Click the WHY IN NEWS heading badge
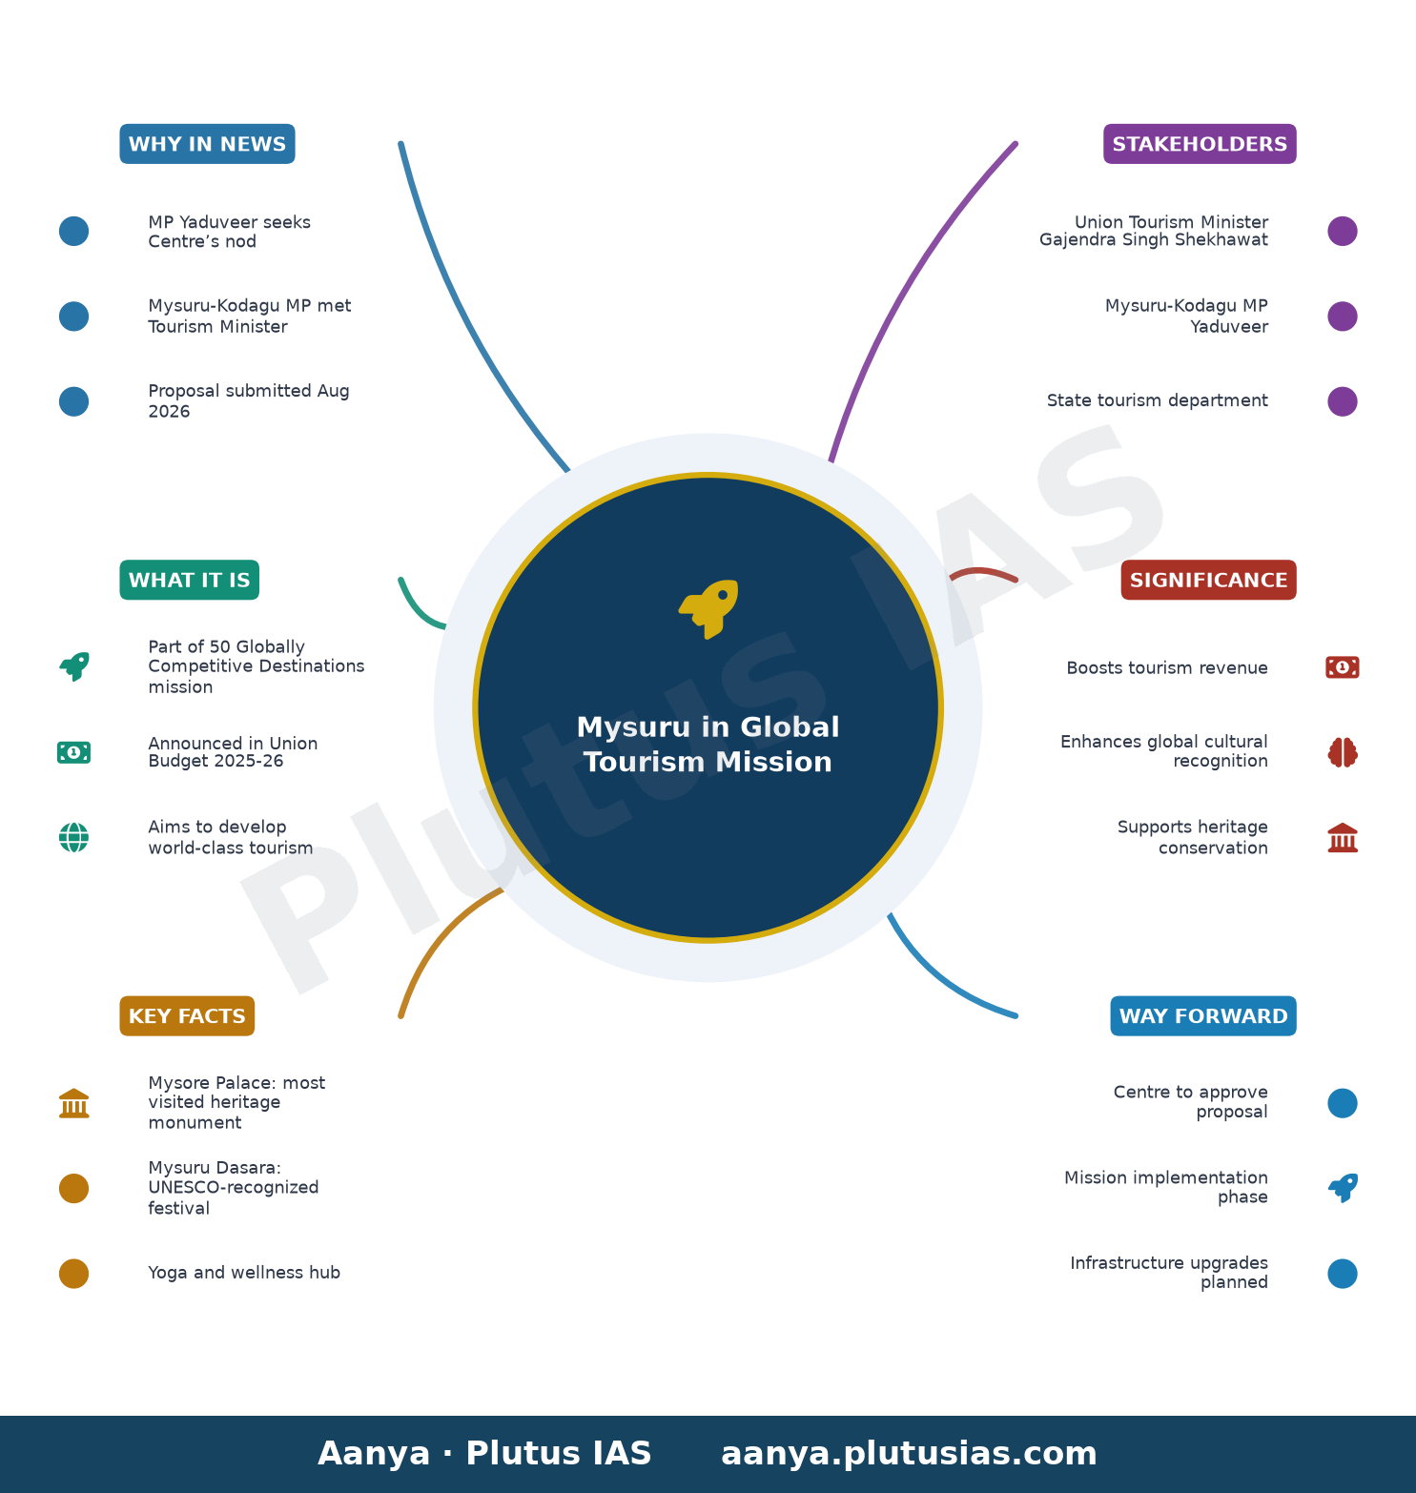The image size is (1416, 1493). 207,144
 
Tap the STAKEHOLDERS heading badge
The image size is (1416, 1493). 1200,144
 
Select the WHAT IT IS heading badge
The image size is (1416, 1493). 189,580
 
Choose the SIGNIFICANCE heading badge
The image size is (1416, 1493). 1208,580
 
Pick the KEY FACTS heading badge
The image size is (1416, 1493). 187,1016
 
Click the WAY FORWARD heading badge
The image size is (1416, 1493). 1203,1016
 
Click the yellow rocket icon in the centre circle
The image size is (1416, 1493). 708,609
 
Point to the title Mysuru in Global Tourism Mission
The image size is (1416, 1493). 708,745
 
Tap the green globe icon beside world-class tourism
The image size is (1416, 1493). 73,838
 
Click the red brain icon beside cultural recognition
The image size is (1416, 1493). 1343,752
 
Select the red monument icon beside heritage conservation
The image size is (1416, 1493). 1343,838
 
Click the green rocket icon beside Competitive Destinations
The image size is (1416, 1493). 73,666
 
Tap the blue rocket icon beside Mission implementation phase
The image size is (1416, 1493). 1343,1188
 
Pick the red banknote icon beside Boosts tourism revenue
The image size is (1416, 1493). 1343,667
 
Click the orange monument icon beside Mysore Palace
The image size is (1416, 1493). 73,1103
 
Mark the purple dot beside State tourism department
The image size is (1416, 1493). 1343,401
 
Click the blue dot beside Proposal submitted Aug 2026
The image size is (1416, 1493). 73,401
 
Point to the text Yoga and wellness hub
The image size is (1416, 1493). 244,1273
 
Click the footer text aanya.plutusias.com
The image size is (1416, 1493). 909,1454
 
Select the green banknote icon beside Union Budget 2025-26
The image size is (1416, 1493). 73,752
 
